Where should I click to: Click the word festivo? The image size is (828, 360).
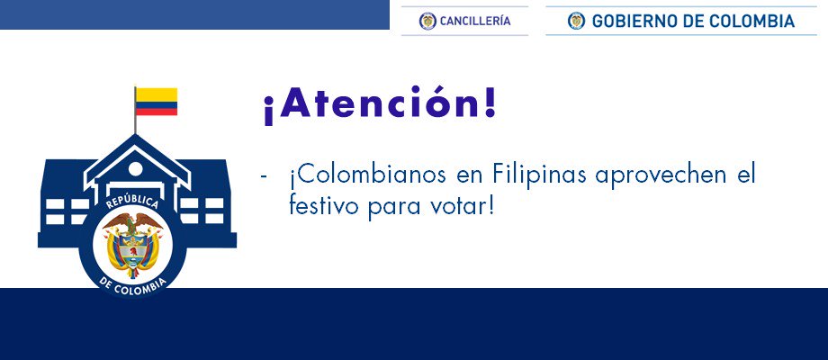322,206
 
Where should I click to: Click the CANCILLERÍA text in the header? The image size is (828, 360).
474,21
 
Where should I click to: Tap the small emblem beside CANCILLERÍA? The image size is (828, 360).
427,21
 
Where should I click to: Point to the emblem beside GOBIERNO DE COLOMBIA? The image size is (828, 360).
577,21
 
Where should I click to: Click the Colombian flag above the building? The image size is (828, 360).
157,102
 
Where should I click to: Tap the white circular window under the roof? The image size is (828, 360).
136,169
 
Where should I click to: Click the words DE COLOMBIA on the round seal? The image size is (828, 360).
133,284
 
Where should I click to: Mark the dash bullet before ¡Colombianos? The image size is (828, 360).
264,176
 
